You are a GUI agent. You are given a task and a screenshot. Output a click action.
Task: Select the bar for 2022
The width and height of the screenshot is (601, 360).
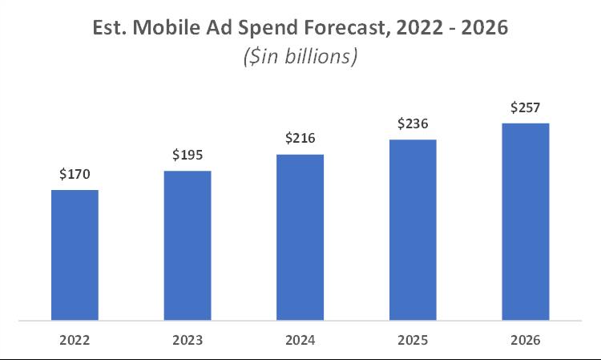pyautogui.click(x=75, y=255)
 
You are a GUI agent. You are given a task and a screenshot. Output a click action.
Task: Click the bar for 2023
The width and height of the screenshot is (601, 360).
pyautogui.click(x=188, y=245)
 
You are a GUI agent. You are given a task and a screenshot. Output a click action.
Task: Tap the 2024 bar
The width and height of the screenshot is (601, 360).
pyautogui.click(x=300, y=237)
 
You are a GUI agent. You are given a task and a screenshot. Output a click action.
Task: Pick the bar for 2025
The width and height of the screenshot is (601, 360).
pyautogui.click(x=413, y=230)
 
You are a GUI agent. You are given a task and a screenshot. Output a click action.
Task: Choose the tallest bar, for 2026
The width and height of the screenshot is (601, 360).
pyautogui.click(x=525, y=222)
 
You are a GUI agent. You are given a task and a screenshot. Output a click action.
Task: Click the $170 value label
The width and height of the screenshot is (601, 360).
pyautogui.click(x=75, y=173)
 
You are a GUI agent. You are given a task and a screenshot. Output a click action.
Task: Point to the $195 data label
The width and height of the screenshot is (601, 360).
pyautogui.click(x=188, y=154)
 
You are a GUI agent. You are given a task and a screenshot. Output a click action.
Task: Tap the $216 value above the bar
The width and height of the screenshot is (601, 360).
pyautogui.click(x=300, y=138)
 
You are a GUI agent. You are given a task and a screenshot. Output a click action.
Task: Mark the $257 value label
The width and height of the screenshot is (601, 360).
pyautogui.click(x=525, y=107)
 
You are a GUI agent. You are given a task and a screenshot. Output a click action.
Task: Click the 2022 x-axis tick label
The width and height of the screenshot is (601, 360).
pyautogui.click(x=75, y=339)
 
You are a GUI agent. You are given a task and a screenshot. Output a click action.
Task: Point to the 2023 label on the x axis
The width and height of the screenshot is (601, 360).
pyautogui.click(x=188, y=339)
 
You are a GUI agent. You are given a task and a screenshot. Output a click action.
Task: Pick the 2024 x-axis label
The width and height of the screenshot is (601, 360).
pyautogui.click(x=300, y=339)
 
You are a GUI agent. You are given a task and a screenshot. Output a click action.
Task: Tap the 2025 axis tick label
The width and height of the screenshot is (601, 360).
pyautogui.click(x=413, y=339)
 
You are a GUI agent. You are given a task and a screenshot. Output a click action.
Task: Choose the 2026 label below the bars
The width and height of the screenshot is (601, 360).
pyautogui.click(x=525, y=339)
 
